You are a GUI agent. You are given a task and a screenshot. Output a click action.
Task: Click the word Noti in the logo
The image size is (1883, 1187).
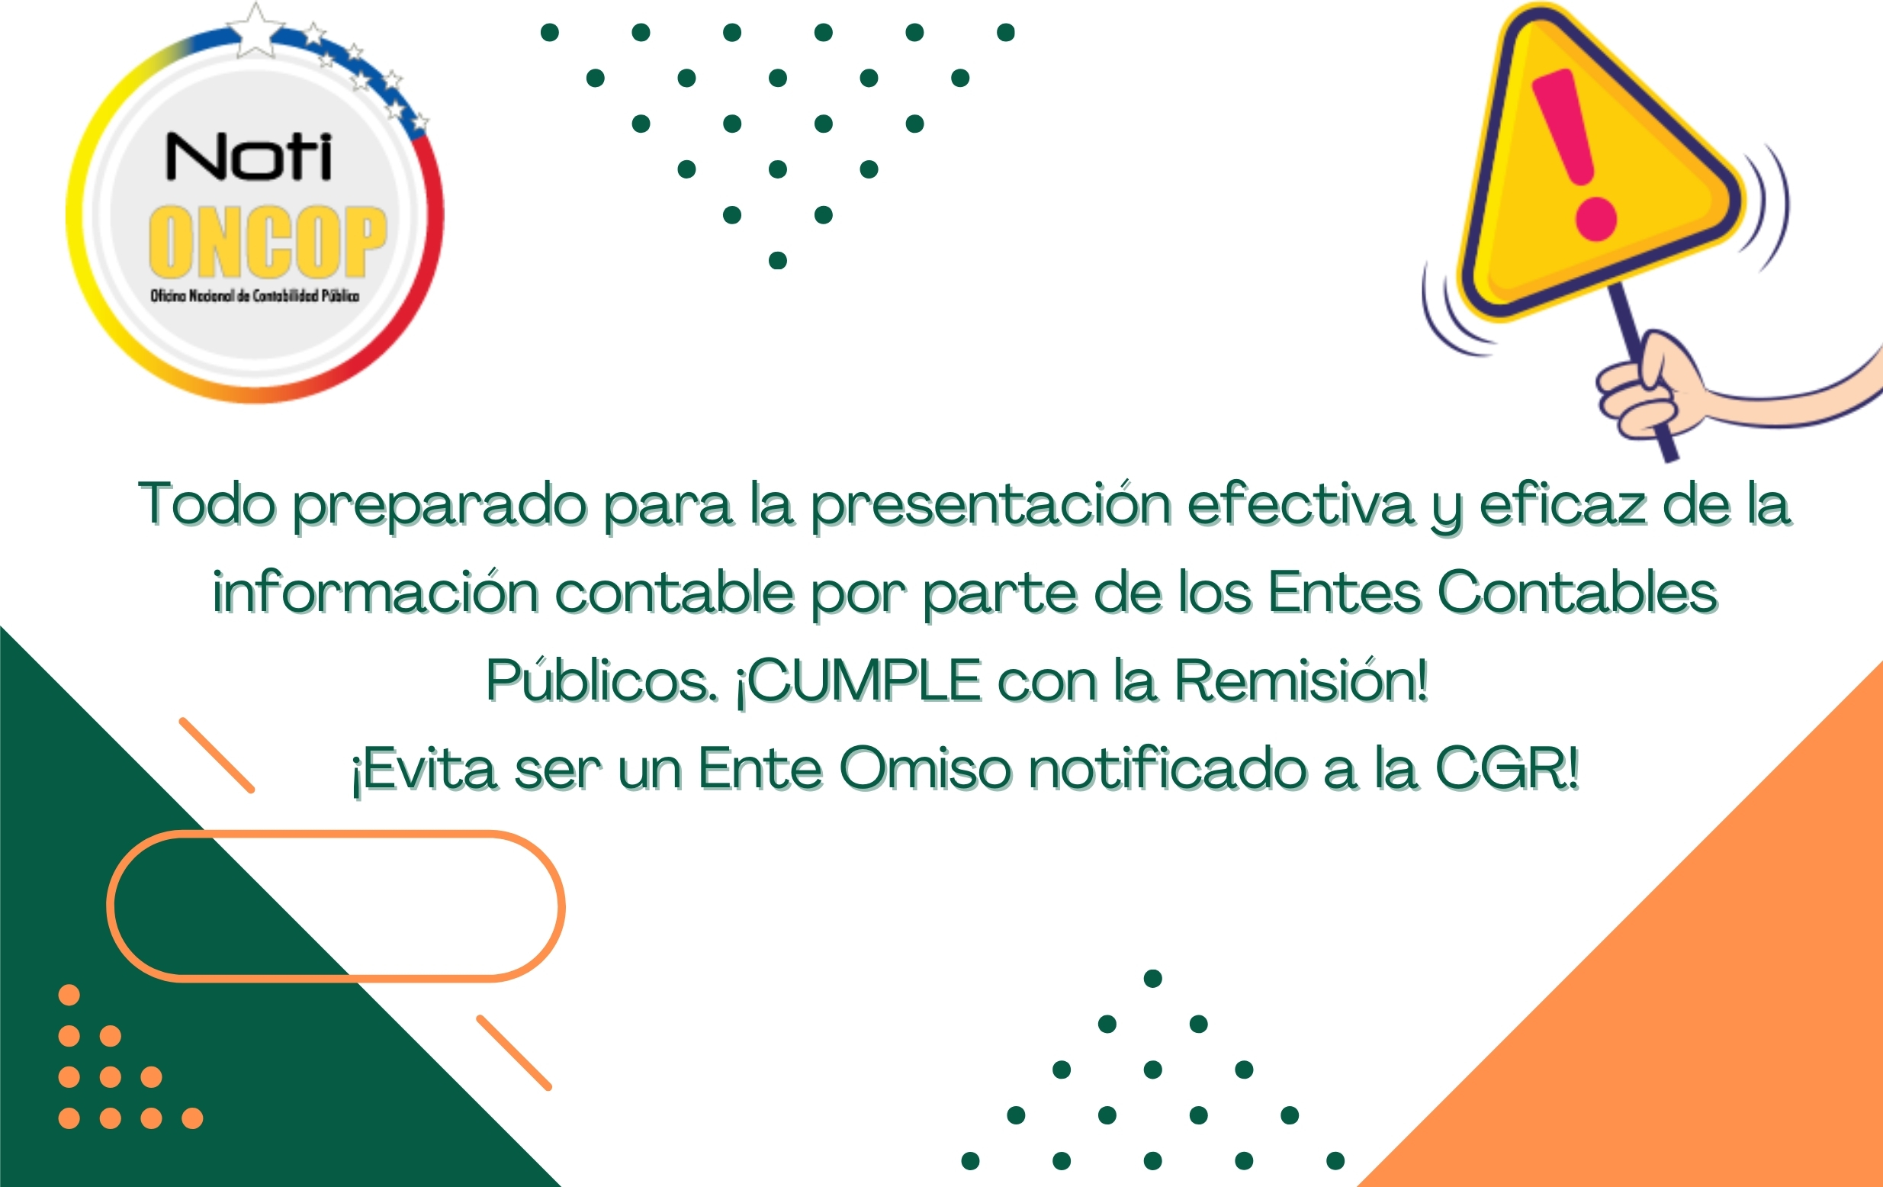(249, 156)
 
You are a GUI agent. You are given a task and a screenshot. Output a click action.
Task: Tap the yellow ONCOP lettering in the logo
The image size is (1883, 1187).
(268, 242)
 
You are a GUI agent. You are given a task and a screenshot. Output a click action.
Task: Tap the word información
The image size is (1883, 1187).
(375, 591)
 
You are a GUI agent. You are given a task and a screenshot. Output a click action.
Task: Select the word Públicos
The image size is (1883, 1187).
(601, 680)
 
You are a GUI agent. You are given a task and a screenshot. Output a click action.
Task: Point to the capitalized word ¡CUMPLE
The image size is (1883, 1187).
(859, 681)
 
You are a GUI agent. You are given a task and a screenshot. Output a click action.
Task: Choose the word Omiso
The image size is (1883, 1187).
(926, 769)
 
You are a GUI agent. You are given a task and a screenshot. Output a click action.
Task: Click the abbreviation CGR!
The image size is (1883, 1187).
(1508, 769)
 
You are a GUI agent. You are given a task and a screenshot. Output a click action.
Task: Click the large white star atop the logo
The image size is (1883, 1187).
(255, 31)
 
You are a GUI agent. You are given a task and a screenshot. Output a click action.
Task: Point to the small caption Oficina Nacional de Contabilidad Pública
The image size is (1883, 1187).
(255, 295)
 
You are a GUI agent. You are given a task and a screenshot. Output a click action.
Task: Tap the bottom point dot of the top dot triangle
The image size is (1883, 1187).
(777, 260)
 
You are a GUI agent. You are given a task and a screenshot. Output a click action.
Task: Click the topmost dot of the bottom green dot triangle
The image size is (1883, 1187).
(1152, 978)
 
